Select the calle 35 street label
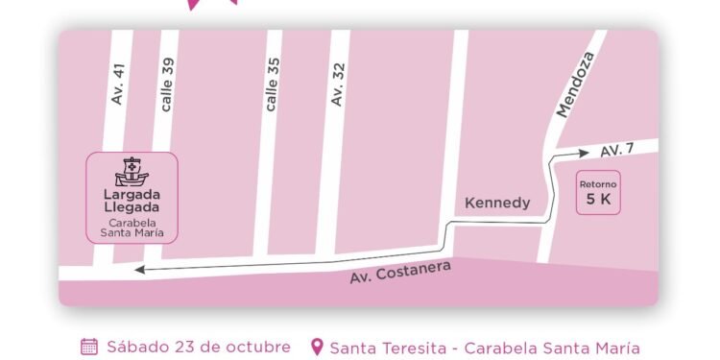click(273, 85)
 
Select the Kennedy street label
click(497, 203)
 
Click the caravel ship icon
click(132, 172)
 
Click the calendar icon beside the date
click(88, 347)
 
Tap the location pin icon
click(317, 347)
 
